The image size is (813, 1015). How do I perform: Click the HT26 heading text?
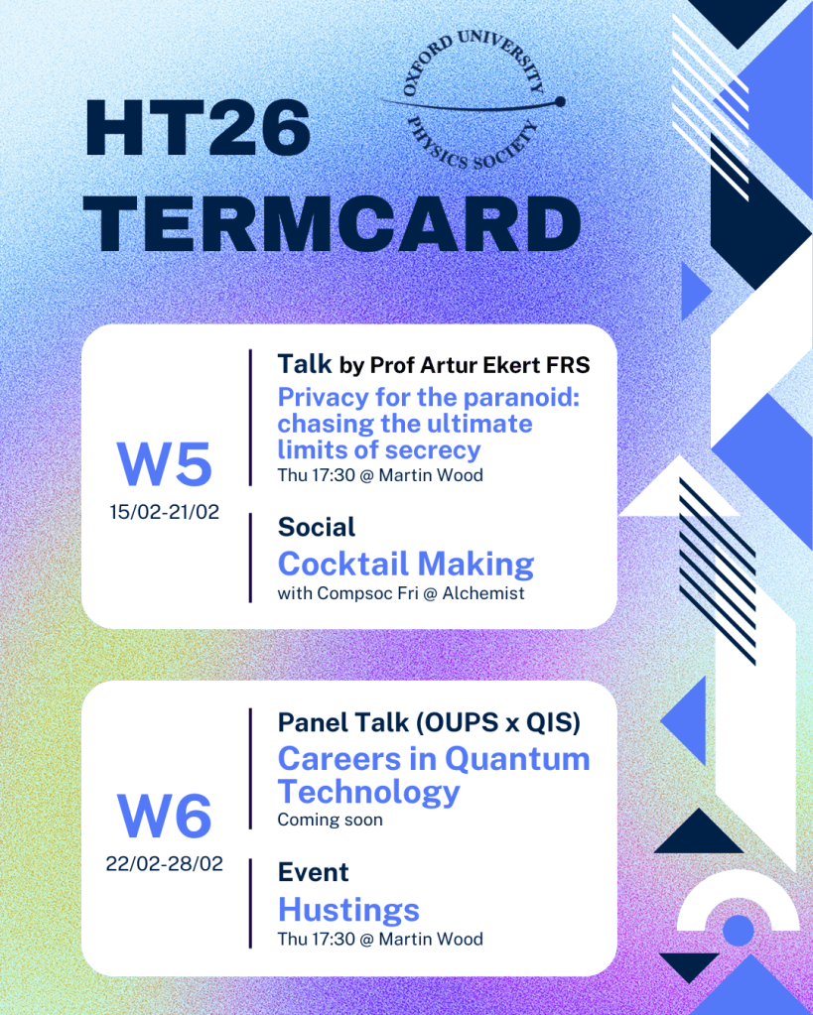click(199, 128)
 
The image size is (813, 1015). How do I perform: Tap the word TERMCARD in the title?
click(333, 224)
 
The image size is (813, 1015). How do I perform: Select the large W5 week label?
click(165, 464)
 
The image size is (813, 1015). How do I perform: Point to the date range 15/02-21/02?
click(165, 512)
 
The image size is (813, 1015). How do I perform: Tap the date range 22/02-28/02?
click(165, 863)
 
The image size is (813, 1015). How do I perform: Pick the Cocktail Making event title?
click(406, 564)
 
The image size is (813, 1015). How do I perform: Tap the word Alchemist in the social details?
click(483, 593)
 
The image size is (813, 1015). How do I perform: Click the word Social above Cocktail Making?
click(317, 528)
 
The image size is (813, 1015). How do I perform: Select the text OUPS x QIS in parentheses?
click(497, 722)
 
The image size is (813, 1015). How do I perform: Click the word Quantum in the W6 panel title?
click(517, 759)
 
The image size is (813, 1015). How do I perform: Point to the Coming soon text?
click(331, 821)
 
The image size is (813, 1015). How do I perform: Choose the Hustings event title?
click(349, 911)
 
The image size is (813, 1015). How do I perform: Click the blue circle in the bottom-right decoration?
click(738, 931)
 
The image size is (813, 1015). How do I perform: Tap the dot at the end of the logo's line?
click(560, 101)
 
